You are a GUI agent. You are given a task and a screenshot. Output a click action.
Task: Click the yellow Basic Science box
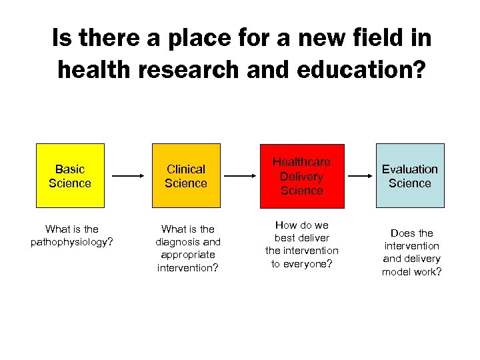[x=70, y=176]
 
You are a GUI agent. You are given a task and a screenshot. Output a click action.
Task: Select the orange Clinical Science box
[x=186, y=176]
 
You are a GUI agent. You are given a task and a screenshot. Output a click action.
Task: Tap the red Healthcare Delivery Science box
[x=301, y=176]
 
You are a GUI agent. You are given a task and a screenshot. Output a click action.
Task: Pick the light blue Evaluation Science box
[x=409, y=176]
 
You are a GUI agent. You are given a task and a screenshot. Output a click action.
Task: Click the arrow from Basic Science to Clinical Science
[x=128, y=176]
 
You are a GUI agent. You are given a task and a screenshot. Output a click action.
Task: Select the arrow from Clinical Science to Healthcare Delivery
[x=244, y=176]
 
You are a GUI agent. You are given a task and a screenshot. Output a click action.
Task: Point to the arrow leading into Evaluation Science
[x=361, y=176]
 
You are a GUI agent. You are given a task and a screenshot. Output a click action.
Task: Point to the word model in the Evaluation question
[x=397, y=271]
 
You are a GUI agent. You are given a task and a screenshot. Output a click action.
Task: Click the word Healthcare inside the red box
[x=301, y=162]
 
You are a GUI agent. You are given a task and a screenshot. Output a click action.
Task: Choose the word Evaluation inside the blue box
[x=409, y=169]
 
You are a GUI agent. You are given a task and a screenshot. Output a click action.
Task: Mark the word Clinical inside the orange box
[x=186, y=169]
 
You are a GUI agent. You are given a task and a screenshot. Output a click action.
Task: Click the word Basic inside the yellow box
[x=70, y=169]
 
